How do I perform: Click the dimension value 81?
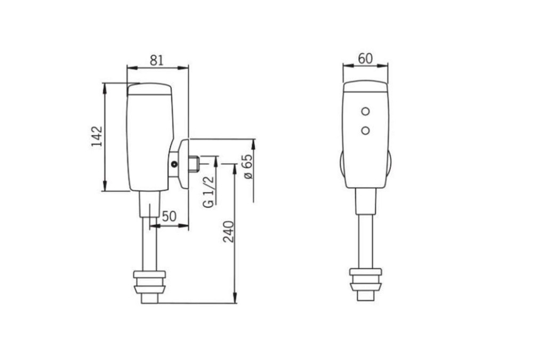point(156,60)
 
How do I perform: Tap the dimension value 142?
point(97,136)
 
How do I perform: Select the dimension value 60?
point(365,59)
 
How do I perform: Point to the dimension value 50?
point(169,216)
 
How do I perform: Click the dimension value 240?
point(228,231)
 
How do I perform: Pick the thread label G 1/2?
point(208,191)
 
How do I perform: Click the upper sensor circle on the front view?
point(365,111)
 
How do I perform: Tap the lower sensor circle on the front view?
point(365,131)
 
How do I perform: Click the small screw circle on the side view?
point(174,164)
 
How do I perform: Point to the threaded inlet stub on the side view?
point(194,164)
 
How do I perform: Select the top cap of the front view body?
point(365,86)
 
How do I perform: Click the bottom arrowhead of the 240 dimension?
point(235,298)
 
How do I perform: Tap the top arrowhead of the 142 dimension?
point(105,88)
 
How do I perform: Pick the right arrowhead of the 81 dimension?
point(183,68)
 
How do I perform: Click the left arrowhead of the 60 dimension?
point(348,65)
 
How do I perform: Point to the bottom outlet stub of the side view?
point(150,299)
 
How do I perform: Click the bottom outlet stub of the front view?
point(366,296)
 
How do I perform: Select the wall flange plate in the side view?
point(184,164)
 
